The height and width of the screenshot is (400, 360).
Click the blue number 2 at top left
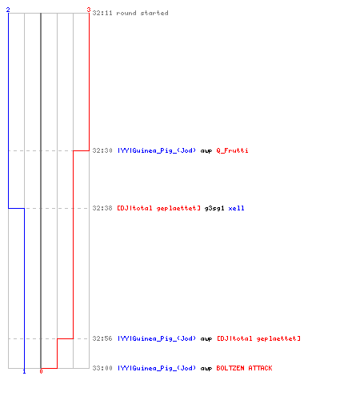point(8,10)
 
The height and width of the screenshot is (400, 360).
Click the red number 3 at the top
point(89,10)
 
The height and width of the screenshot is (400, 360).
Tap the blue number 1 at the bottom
point(24,371)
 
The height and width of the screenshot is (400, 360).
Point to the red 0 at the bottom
point(41,371)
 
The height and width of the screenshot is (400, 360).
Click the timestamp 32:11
point(102,13)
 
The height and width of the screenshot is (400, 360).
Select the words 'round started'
point(142,13)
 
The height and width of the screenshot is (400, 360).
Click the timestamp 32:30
point(102,150)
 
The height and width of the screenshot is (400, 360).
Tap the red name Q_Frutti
point(232,150)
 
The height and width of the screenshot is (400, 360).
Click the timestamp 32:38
point(102,208)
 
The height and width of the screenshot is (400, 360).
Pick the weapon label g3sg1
point(214,209)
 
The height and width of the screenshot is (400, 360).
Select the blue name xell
point(236,208)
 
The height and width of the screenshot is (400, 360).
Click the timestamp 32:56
point(102,338)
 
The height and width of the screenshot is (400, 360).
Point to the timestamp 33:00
point(102,368)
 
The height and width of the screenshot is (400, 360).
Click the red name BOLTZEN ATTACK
point(244,368)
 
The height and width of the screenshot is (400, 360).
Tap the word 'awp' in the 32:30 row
point(206,151)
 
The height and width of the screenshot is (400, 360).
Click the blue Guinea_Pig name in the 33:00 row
point(157,368)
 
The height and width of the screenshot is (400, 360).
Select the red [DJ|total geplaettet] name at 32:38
point(158,208)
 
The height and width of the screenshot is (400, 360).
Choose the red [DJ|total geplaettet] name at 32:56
point(258,338)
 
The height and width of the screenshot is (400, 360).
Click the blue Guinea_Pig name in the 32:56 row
point(157,338)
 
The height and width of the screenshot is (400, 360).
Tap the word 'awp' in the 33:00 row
point(206,369)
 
